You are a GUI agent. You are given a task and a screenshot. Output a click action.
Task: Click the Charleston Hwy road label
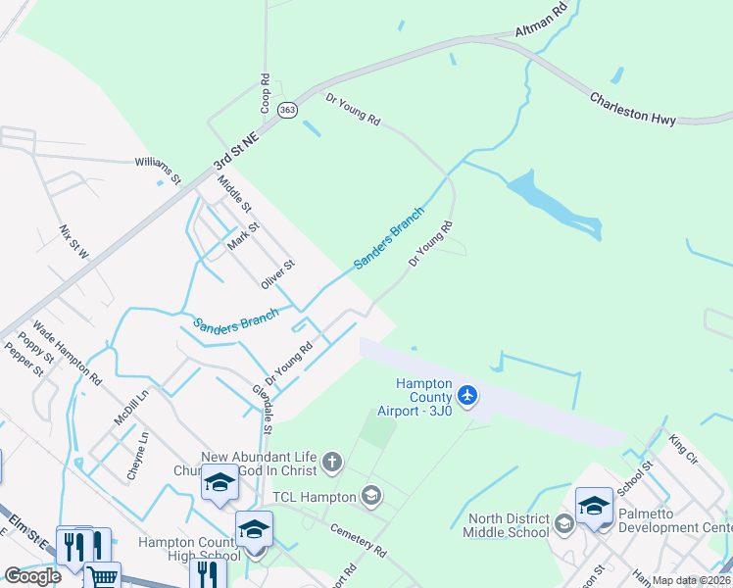(x=632, y=108)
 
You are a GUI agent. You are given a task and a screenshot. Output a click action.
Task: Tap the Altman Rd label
(x=541, y=21)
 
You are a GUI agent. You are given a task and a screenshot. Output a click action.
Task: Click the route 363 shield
(x=287, y=111)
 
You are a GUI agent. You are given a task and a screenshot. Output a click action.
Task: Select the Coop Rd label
(x=265, y=89)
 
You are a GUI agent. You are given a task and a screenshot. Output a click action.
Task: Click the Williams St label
(x=158, y=170)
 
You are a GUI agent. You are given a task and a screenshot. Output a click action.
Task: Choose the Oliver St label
(x=277, y=274)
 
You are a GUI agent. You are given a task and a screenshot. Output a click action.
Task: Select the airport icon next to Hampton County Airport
(x=468, y=395)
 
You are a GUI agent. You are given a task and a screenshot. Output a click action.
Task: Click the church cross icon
(x=332, y=461)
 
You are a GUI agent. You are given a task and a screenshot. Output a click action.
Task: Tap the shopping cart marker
(x=102, y=576)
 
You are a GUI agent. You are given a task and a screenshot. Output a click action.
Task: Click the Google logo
(x=32, y=576)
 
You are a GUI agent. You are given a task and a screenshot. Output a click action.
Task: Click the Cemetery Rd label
(x=360, y=537)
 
